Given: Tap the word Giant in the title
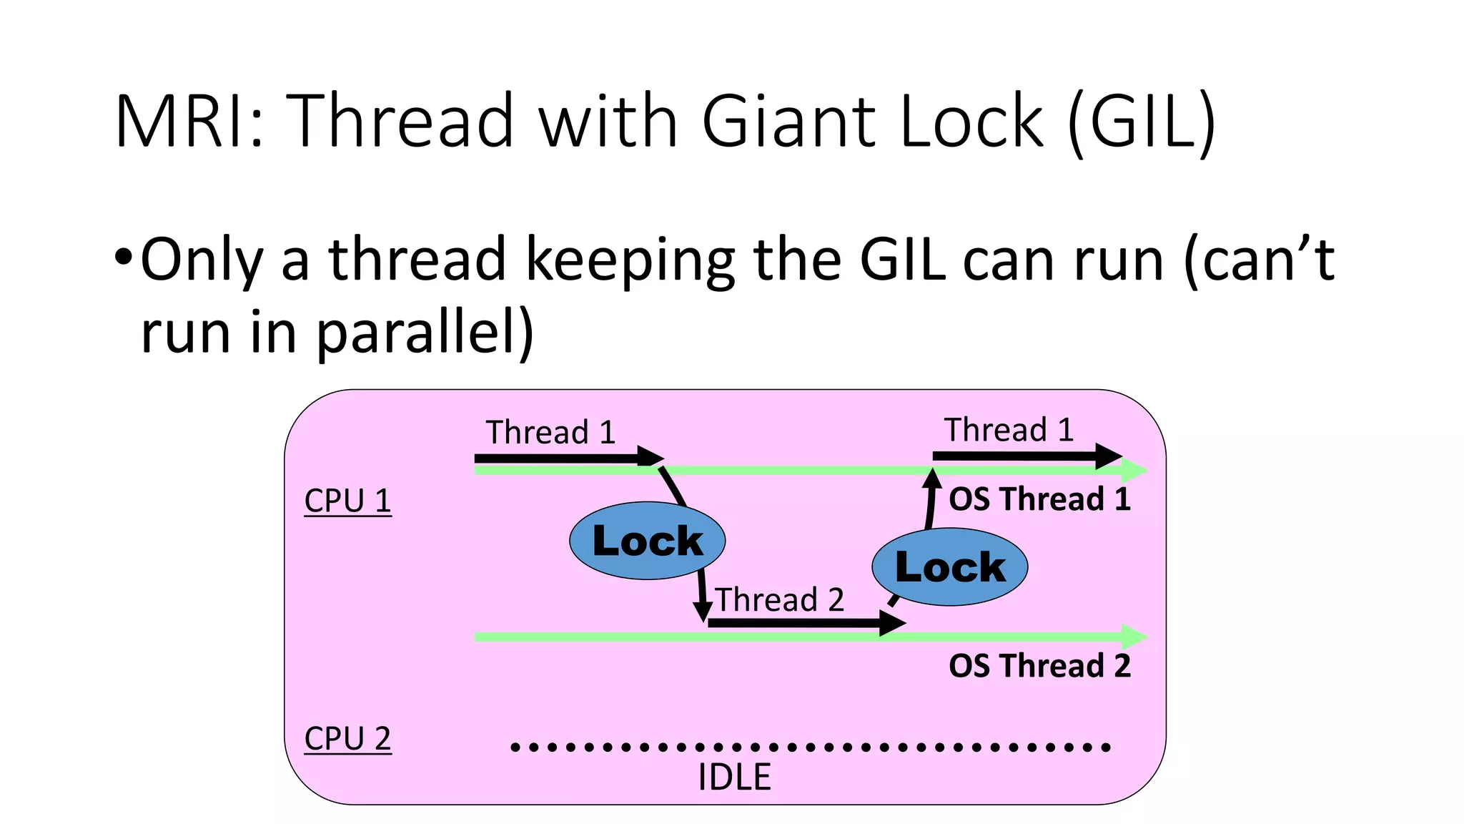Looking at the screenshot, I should pos(790,122).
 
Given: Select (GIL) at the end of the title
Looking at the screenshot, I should pos(1142,123).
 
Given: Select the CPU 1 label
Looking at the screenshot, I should pos(347,500).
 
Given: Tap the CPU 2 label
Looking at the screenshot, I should pos(347,738).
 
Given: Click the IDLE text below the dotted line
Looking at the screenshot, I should pos(734,777).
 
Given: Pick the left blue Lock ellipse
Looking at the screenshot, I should pos(647,541).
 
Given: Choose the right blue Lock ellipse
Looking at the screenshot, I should pos(949,567).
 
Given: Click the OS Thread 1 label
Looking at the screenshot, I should pos(1039,499).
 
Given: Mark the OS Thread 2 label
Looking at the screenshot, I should pos(1039,666).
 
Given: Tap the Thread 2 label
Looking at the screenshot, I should pos(779,599).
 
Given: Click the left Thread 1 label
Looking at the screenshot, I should pos(550,433).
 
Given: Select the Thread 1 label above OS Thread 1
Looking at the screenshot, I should pos(1009,430).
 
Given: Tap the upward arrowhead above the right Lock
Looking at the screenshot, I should pos(931,478).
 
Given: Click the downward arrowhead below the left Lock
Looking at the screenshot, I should pos(703,612).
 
